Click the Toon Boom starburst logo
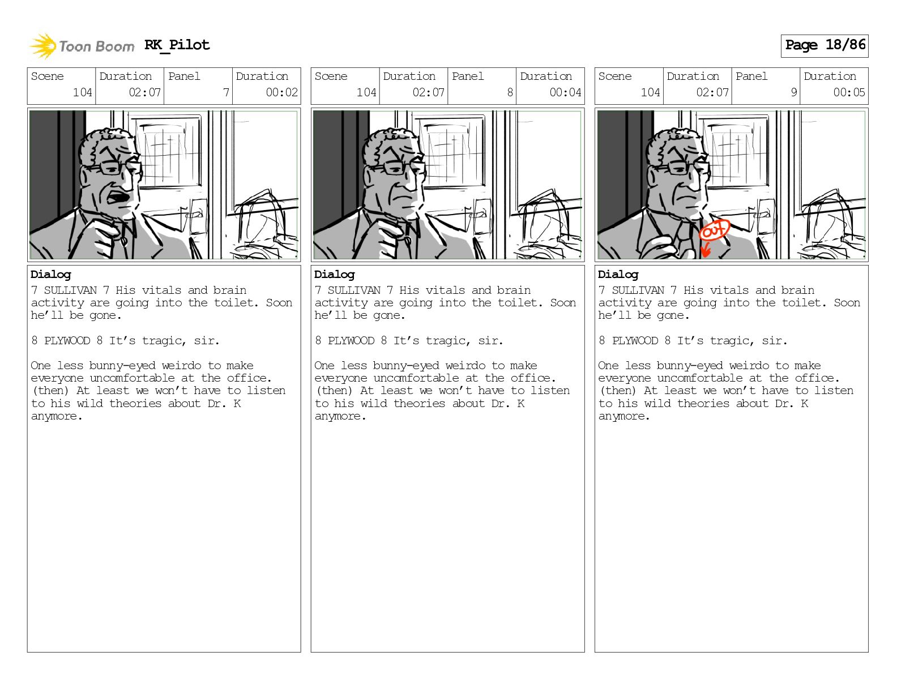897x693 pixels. click(x=43, y=46)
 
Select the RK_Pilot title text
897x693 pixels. click(x=177, y=45)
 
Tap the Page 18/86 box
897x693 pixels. click(x=825, y=46)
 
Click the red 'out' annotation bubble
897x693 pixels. click(x=714, y=230)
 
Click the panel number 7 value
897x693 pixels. click(x=226, y=92)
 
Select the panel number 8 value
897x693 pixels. click(x=510, y=92)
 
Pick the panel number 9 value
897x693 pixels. click(x=793, y=92)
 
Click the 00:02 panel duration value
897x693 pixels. click(x=281, y=92)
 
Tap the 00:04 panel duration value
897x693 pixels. click(x=565, y=92)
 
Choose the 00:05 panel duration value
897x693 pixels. click(x=849, y=92)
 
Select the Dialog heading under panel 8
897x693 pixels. click(x=334, y=275)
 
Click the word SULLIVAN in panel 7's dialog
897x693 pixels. click(x=70, y=290)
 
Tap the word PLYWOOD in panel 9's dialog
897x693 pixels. click(x=635, y=340)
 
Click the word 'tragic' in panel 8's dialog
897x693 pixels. click(x=446, y=341)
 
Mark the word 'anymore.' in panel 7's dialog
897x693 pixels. click(x=57, y=416)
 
